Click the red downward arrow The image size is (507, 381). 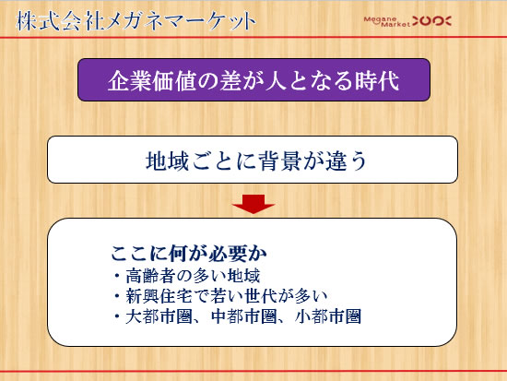(x=253, y=204)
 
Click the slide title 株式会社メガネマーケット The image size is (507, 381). (x=136, y=21)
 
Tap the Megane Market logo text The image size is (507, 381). (x=387, y=22)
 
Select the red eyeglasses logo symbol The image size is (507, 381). (x=431, y=21)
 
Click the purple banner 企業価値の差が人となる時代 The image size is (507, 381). (x=253, y=80)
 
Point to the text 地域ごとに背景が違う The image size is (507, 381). (x=257, y=161)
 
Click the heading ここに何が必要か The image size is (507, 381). (x=189, y=253)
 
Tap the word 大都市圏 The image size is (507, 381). (x=159, y=316)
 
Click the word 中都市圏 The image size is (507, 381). (x=244, y=316)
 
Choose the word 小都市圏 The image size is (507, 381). (x=328, y=316)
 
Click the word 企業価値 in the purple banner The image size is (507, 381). (x=152, y=80)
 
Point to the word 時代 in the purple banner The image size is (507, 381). (x=377, y=80)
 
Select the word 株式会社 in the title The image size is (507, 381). (x=60, y=21)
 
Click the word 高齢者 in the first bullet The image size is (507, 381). (x=150, y=276)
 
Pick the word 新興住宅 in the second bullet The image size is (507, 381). (x=159, y=296)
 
